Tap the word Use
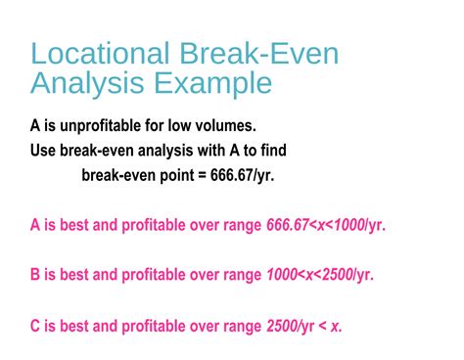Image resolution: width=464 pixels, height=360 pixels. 44,151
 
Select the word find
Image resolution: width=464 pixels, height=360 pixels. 270,151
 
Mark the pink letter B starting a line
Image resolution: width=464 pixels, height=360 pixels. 37,275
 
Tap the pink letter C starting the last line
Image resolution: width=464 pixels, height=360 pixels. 37,325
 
